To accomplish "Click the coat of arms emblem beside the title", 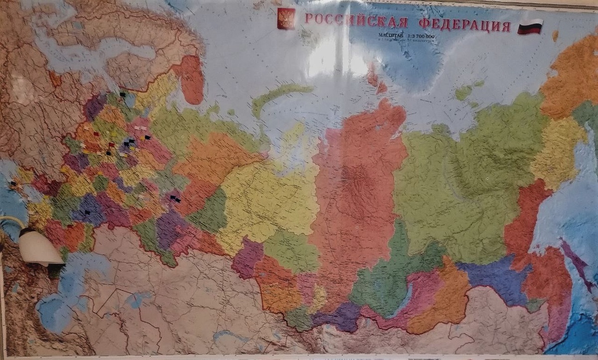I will (286, 18).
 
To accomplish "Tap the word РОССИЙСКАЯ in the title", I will (356, 21).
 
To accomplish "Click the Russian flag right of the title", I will (530, 26).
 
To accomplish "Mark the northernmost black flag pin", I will (123, 93).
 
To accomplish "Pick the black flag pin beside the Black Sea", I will (13, 184).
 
